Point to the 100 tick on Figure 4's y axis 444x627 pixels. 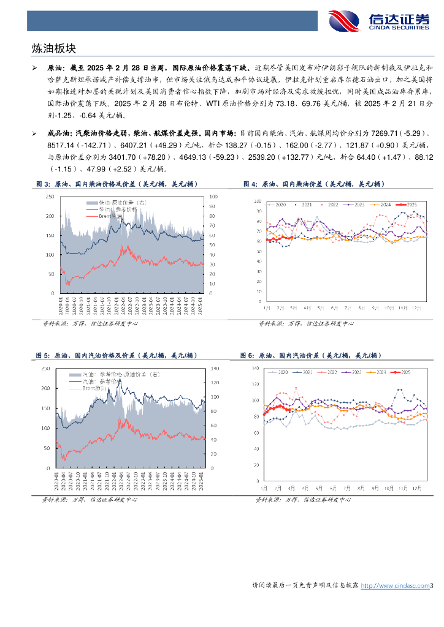pos(256,199)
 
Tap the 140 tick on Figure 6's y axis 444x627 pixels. pos(256,368)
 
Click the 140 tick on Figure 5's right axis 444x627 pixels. pos(213,369)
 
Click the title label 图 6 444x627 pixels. pos(247,355)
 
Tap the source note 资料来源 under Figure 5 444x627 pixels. pos(53,500)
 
